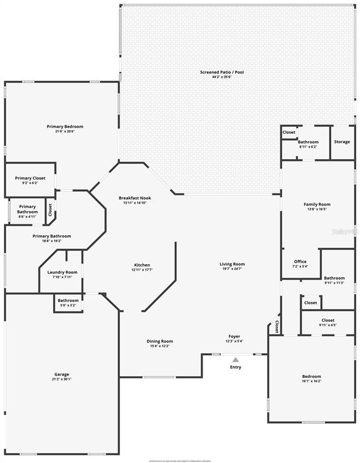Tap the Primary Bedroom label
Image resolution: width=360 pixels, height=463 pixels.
pyautogui.click(x=65, y=127)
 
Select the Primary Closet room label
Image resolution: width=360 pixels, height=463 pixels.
pyautogui.click(x=30, y=178)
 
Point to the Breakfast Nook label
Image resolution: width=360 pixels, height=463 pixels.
pyautogui.click(x=135, y=198)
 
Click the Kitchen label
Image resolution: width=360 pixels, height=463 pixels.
pyautogui.click(x=142, y=265)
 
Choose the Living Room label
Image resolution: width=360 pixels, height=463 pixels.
pyautogui.click(x=232, y=264)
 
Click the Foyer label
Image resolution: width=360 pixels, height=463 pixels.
pyautogui.click(x=234, y=336)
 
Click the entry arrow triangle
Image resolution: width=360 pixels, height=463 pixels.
pyautogui.click(x=235, y=359)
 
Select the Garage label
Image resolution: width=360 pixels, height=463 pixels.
pyautogui.click(x=62, y=374)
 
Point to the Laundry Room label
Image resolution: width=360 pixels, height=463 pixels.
pyautogui.click(x=62, y=272)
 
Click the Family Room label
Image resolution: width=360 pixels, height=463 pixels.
pyautogui.click(x=317, y=204)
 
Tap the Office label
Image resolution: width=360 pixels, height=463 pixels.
pyautogui.click(x=300, y=262)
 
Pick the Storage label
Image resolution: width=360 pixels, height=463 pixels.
pyautogui.click(x=342, y=142)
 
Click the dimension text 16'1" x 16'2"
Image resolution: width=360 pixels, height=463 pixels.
pyautogui.click(x=312, y=381)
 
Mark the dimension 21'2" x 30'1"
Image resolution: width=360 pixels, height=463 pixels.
pyautogui.click(x=62, y=379)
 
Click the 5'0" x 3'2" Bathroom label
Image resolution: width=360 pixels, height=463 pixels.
pyautogui.click(x=68, y=300)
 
